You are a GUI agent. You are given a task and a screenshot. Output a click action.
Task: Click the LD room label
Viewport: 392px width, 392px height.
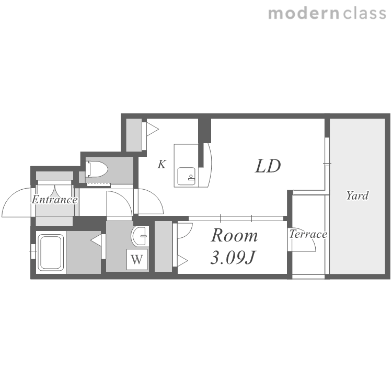point(268,166)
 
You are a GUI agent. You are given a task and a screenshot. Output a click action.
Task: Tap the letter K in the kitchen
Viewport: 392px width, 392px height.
point(162,164)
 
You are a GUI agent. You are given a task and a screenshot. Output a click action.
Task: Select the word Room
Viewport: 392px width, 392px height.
point(234,235)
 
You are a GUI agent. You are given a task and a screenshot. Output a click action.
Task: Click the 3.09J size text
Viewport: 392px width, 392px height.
point(232,258)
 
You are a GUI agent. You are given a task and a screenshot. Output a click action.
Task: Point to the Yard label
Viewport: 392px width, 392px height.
point(358,196)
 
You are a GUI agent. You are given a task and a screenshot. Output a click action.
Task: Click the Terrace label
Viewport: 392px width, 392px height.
point(308,234)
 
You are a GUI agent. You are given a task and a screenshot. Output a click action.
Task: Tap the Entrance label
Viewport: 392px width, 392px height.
point(54,200)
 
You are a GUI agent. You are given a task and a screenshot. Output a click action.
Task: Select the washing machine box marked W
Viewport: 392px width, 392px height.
point(137,259)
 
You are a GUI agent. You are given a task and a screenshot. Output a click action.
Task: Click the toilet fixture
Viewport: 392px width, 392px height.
point(97,169)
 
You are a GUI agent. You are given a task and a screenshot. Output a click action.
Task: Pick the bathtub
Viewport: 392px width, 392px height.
point(51,252)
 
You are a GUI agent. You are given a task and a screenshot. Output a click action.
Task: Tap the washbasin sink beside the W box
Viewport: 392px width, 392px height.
point(140,236)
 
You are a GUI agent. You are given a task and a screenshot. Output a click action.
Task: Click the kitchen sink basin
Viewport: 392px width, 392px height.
point(187,176)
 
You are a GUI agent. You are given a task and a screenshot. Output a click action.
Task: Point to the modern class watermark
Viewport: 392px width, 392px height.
point(327,13)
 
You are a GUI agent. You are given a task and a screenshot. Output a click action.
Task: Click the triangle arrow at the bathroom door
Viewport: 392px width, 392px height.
point(96,240)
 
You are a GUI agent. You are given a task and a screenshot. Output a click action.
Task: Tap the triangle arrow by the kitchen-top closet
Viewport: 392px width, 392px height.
point(153,129)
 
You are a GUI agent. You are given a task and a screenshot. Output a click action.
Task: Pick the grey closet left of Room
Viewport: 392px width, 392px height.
point(164,246)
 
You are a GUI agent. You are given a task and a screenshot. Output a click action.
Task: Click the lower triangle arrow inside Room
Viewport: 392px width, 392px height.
point(182,261)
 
